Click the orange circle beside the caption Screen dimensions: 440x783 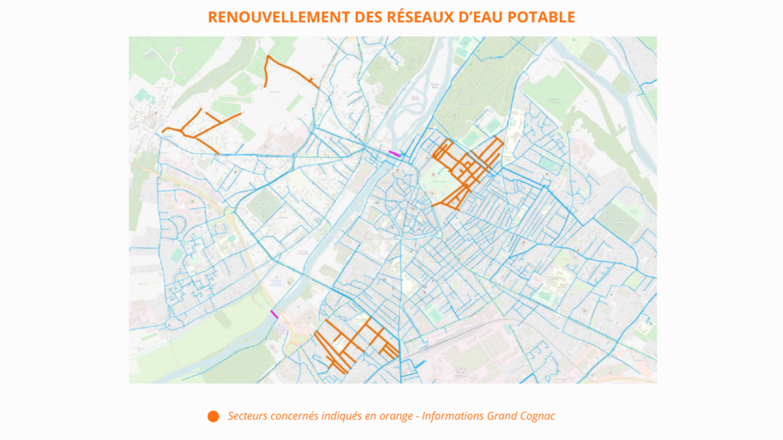tap(213, 416)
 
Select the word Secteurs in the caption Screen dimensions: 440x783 tap(249, 416)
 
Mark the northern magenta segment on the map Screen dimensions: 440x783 tap(394, 154)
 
